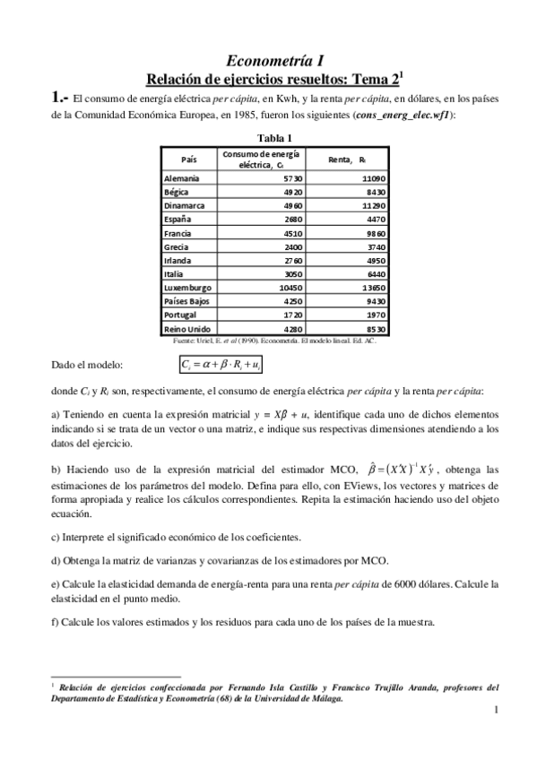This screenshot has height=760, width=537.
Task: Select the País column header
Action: click(188, 159)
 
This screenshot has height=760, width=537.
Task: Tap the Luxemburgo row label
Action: click(187, 288)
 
